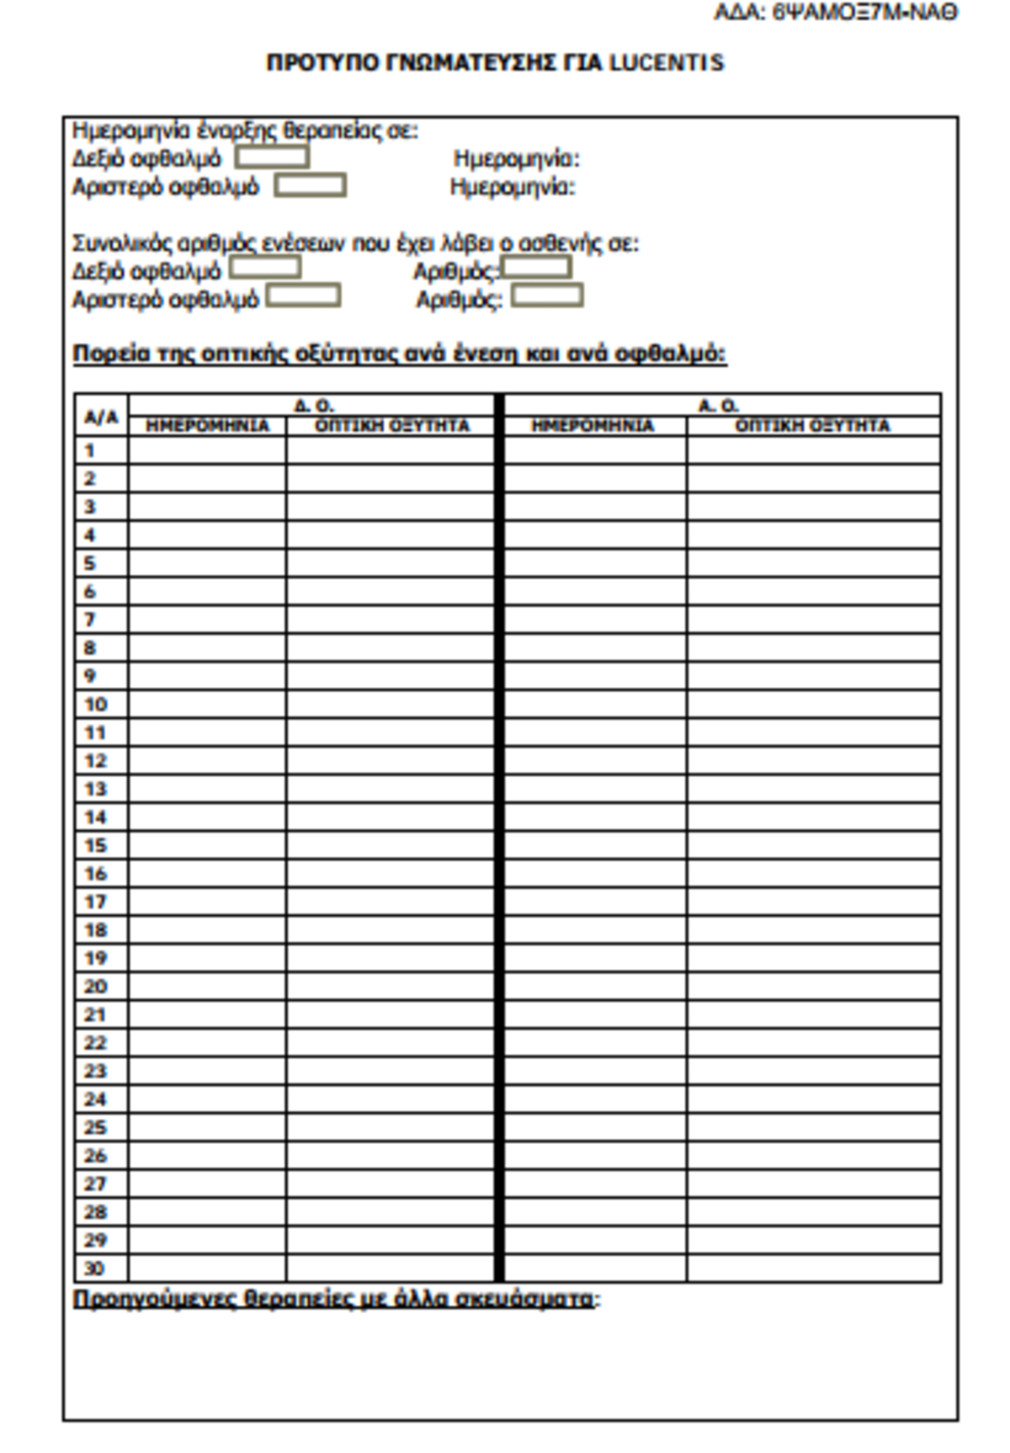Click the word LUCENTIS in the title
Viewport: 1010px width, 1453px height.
coord(666,63)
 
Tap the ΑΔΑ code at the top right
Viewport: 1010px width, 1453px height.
coord(836,13)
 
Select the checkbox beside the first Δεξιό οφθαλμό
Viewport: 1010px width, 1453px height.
coord(271,157)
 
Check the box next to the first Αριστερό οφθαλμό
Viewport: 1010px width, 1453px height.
coord(310,185)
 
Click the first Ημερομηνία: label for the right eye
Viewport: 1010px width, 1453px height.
coord(516,158)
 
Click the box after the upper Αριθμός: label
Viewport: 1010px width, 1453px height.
coord(536,269)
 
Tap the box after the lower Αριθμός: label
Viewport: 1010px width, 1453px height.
coord(547,296)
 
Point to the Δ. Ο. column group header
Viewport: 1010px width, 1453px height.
coord(313,405)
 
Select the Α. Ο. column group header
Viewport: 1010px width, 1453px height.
coord(718,405)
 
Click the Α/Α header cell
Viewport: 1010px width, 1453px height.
coord(101,417)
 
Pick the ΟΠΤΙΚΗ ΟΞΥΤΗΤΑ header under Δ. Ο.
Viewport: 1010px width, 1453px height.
coord(391,426)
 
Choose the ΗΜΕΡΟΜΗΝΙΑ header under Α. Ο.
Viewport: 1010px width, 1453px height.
coord(593,426)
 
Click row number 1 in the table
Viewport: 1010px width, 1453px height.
coord(90,450)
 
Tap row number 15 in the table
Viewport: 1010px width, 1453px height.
coord(96,845)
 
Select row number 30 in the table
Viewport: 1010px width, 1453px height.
coord(94,1268)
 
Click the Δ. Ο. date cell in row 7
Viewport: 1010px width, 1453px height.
coord(207,620)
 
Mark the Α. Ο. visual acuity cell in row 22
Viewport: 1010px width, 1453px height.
coord(813,1042)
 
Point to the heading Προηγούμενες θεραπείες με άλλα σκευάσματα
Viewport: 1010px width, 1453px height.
coord(333,1299)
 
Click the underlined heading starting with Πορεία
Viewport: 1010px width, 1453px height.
coord(399,354)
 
